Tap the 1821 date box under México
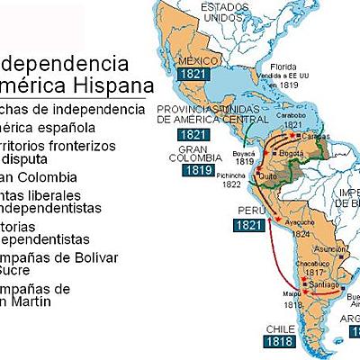pos(193,74)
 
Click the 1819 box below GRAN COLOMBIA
pos(197,168)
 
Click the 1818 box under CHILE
pos(279,341)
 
